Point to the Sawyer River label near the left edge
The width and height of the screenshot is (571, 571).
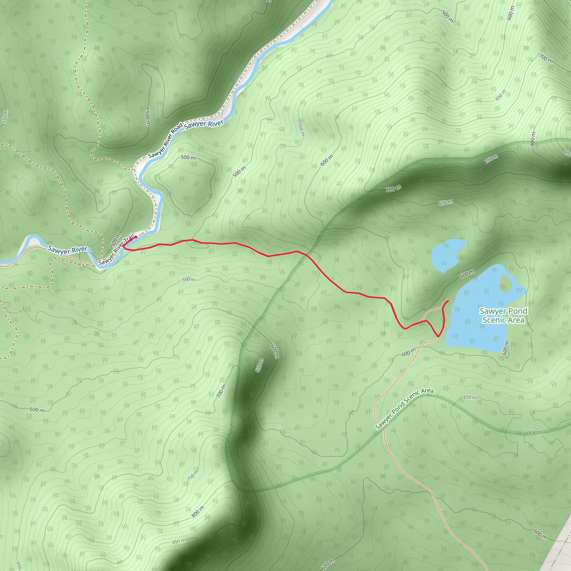pyautogui.click(x=68, y=250)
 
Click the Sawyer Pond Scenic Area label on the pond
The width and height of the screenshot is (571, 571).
pyautogui.click(x=503, y=315)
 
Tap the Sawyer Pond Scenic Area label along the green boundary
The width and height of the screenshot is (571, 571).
pyautogui.click(x=404, y=409)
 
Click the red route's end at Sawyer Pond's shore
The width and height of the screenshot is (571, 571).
pyautogui.click(x=448, y=301)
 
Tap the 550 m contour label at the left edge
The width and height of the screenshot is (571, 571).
pyautogui.click(x=5, y=117)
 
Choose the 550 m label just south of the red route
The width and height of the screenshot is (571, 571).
pyautogui.click(x=188, y=279)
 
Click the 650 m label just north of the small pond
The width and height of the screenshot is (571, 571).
pyautogui.click(x=446, y=203)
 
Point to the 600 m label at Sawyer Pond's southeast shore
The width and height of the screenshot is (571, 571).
pyautogui.click(x=505, y=348)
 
